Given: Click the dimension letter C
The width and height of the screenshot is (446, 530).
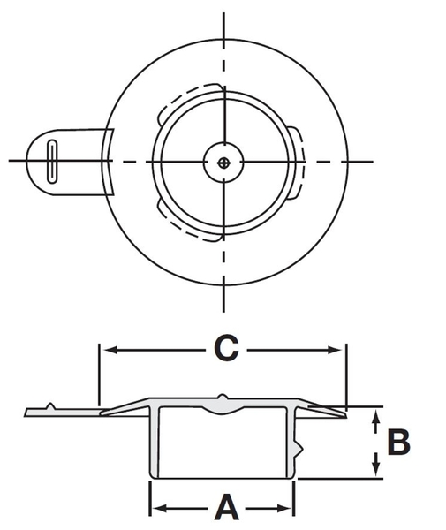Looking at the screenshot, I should pos(226,349).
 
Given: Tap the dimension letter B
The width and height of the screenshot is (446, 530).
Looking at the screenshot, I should pos(398,442).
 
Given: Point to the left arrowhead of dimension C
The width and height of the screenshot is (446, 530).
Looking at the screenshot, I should pos(108,350).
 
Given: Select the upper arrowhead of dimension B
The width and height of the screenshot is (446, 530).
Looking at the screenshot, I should pos(376,415).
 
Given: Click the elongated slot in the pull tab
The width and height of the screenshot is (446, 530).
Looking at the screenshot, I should pos(52,161).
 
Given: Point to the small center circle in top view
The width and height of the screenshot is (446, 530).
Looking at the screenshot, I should pos(226,161).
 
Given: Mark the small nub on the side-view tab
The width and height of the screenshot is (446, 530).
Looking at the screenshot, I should pos(52,405).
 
